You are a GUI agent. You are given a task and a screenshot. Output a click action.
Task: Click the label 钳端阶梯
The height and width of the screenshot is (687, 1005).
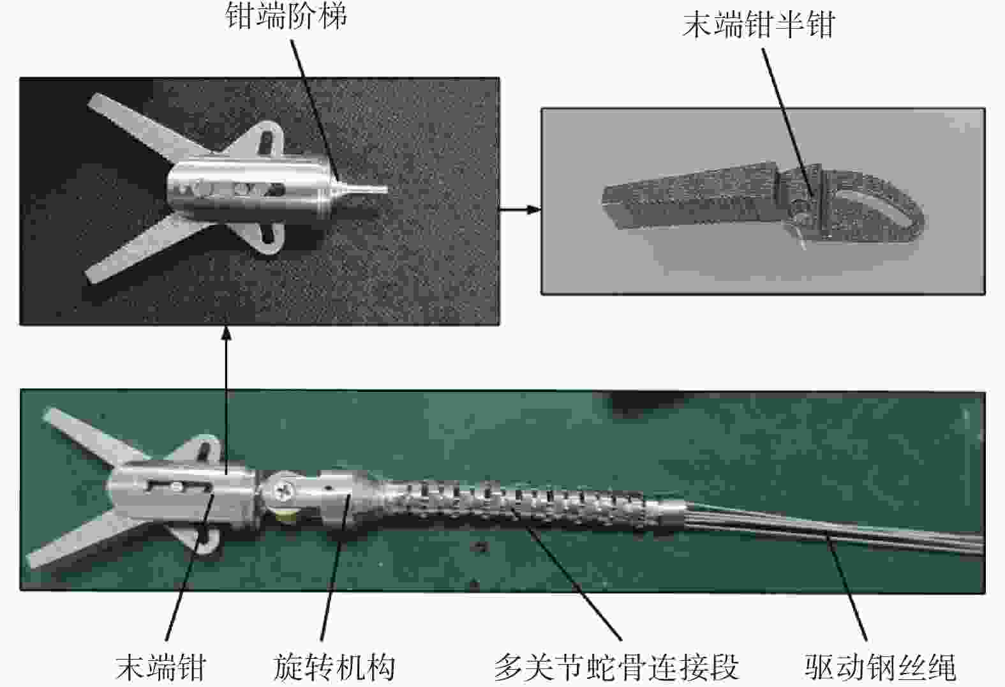[x=286, y=16]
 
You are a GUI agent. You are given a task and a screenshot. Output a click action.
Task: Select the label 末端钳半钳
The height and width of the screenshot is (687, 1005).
[x=759, y=25]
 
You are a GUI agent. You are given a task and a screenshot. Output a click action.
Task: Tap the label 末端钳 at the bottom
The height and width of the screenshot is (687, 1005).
[x=161, y=667]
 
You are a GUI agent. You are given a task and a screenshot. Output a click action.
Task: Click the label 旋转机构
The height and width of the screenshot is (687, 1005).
[x=334, y=667]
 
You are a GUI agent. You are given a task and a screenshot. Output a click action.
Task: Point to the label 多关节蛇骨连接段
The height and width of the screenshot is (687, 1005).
[x=617, y=667]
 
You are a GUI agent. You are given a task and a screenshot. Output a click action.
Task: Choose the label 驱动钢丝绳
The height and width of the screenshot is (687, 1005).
[x=881, y=667]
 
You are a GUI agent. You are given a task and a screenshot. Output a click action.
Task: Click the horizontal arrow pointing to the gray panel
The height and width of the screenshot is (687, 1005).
[x=520, y=209]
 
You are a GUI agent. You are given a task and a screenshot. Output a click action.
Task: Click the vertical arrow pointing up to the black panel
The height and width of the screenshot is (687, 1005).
[x=227, y=400]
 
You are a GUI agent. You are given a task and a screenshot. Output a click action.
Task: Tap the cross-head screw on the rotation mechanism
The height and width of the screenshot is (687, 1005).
[x=283, y=492]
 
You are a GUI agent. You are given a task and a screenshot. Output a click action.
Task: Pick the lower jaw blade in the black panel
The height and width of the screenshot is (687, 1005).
[x=144, y=248]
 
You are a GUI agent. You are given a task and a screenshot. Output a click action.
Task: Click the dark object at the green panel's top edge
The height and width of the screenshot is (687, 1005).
[x=646, y=400]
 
